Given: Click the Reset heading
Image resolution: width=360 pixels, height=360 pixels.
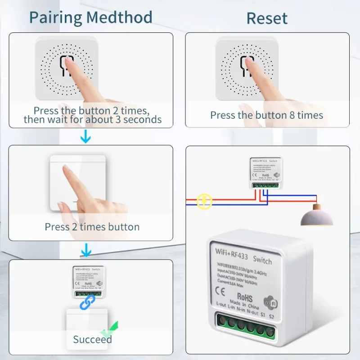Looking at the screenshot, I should [x=267, y=18].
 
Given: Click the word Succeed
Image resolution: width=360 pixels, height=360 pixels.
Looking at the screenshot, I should [x=92, y=339].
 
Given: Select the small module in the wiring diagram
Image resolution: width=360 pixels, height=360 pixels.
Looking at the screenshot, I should [x=264, y=173].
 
